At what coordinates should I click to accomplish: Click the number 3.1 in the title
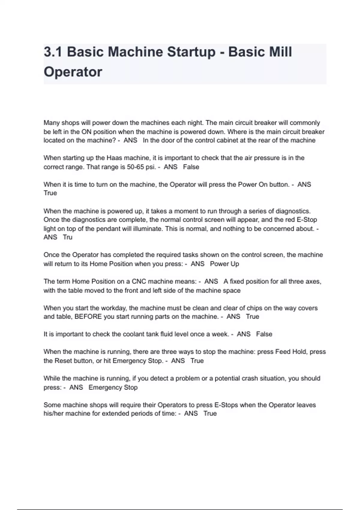pyautogui.click(x=53, y=52)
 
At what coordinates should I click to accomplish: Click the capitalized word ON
pyautogui.click(x=86, y=132)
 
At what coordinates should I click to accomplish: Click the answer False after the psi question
pyautogui.click(x=191, y=167)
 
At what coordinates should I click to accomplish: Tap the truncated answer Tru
pyautogui.click(x=68, y=237)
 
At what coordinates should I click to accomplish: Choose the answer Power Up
pyautogui.click(x=224, y=264)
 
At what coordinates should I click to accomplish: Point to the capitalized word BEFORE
pyautogui.click(x=88, y=317)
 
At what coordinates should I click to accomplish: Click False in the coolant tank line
pyautogui.click(x=264, y=334)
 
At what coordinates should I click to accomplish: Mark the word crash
pyautogui.click(x=247, y=378)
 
